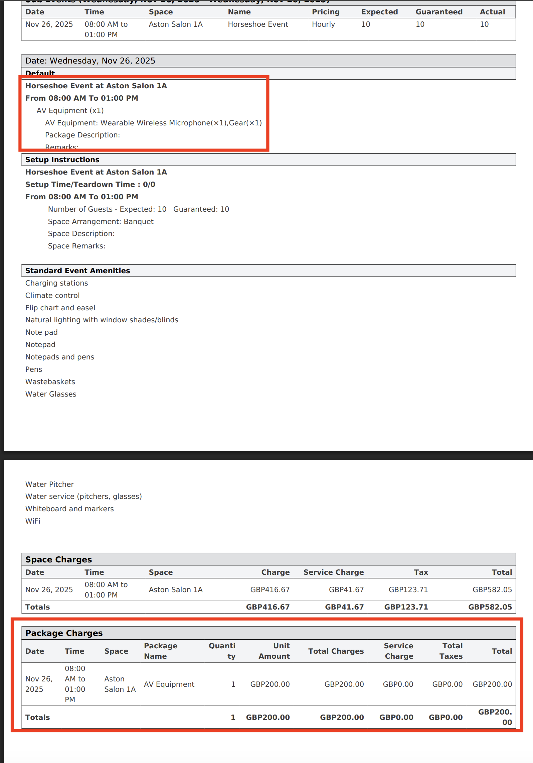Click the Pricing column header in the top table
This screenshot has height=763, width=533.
(x=325, y=12)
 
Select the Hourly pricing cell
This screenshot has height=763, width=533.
(x=323, y=24)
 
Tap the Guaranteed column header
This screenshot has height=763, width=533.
(x=438, y=12)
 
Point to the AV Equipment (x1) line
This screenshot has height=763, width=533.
(x=70, y=111)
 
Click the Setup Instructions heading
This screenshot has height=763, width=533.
(x=62, y=160)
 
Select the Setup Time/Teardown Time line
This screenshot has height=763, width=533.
(x=90, y=185)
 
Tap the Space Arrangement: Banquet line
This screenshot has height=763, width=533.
(x=101, y=222)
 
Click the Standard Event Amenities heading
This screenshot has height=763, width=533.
(x=77, y=271)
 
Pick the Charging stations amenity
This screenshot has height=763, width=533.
(x=57, y=283)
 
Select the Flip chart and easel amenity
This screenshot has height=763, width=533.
(x=60, y=308)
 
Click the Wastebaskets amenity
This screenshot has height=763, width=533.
(x=50, y=382)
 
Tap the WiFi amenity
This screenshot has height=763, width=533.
(x=33, y=521)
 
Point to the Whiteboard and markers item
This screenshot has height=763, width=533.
(x=69, y=509)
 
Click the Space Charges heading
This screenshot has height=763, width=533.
(x=58, y=560)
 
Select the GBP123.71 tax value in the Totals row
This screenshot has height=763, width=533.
(x=406, y=607)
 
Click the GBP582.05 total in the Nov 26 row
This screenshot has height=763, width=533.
(x=492, y=590)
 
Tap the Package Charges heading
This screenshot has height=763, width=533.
(x=64, y=633)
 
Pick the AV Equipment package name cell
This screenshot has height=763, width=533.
(x=169, y=684)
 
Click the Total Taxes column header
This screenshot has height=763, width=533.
(x=451, y=651)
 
